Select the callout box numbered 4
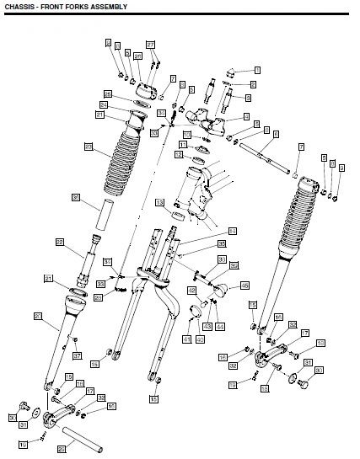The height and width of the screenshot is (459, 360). (245, 115)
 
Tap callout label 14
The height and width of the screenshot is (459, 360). (233, 229)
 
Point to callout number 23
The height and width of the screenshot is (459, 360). (89, 147)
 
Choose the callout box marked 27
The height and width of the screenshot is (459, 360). (151, 44)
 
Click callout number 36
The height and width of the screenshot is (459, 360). (75, 197)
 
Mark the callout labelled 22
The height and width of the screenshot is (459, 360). (60, 242)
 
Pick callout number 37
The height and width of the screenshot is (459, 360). (77, 356)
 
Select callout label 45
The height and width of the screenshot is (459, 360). (245, 285)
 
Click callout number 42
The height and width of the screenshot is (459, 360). (192, 291)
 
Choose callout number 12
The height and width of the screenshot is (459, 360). (180, 155)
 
